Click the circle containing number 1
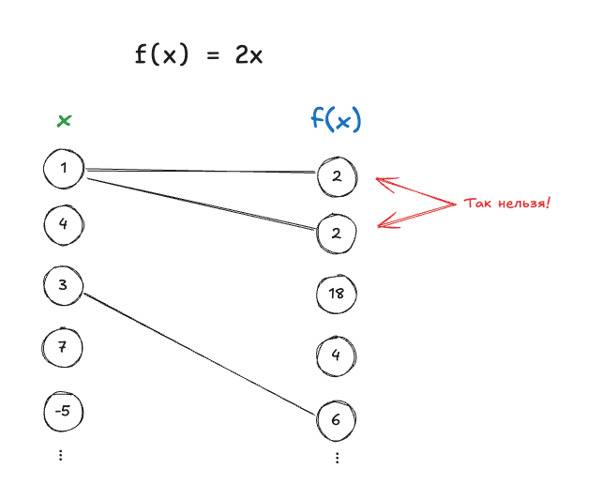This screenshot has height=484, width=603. point(64,169)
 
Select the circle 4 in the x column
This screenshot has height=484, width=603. point(63,224)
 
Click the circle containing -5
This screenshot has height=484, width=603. point(64,409)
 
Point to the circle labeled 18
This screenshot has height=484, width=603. point(337,294)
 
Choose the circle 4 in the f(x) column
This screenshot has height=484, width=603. point(336,355)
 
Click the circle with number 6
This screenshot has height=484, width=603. point(336,419)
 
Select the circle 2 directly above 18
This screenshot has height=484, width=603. point(337,234)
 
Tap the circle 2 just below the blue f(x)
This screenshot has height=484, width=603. point(338,176)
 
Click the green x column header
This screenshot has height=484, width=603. point(64,121)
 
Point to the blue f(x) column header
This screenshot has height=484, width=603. point(336,119)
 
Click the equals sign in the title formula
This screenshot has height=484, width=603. point(212,55)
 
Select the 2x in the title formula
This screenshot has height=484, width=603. point(249,55)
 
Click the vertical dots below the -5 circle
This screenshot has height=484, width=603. point(61,455)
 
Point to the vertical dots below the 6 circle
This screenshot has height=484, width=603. point(337,458)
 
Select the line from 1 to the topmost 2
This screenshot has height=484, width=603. point(202,171)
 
